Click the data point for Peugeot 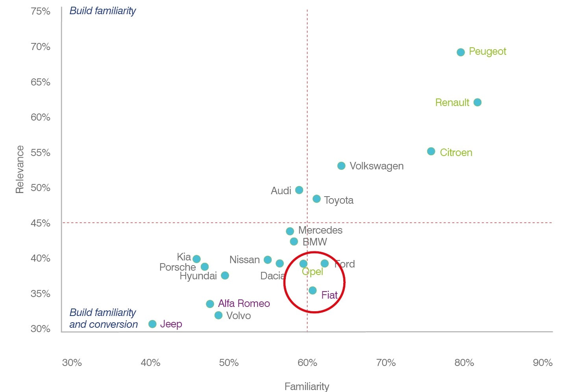(461, 52)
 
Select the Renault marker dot (477, 102)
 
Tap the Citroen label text (456, 152)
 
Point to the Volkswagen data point (341, 166)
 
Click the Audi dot (299, 190)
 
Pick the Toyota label (339, 200)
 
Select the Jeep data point (152, 324)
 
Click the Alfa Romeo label (244, 303)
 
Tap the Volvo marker (218, 315)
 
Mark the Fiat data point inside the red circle (313, 290)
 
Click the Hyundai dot (225, 275)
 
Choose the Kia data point (196, 259)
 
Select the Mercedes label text (320, 230)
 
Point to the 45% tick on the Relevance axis (41, 223)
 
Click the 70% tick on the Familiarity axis (386, 362)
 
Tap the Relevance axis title (20, 169)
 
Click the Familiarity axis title (307, 386)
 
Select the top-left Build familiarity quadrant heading (103, 11)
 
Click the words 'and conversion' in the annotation (104, 324)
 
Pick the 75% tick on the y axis (41, 11)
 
